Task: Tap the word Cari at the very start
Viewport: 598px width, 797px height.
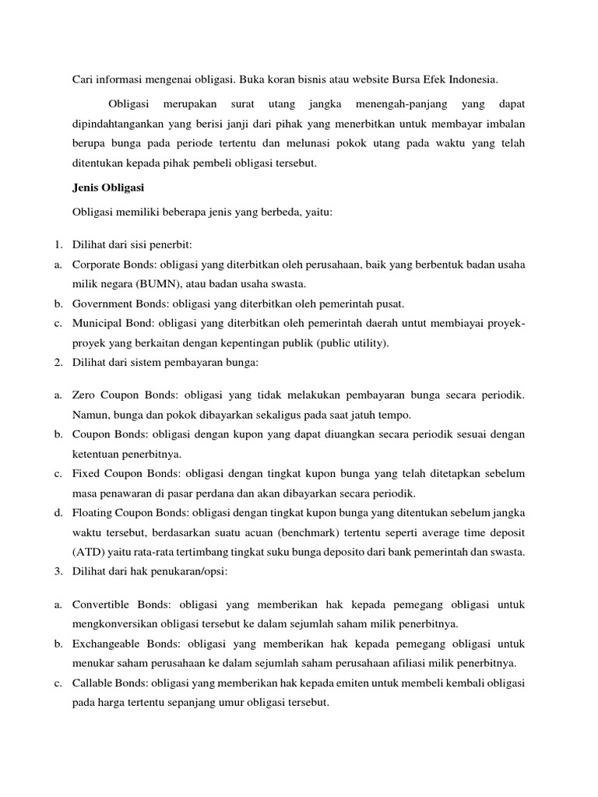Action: point(83,79)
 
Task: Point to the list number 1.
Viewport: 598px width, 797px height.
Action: point(58,246)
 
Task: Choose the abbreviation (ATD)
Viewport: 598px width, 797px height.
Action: point(88,551)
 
